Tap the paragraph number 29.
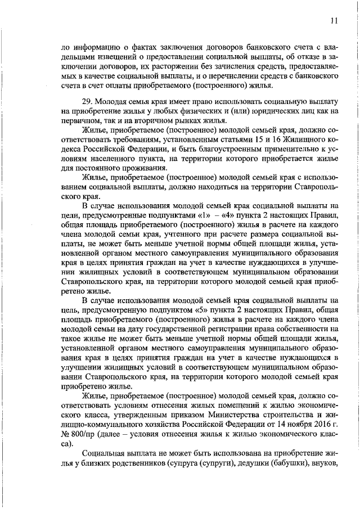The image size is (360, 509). [x=88, y=101]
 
